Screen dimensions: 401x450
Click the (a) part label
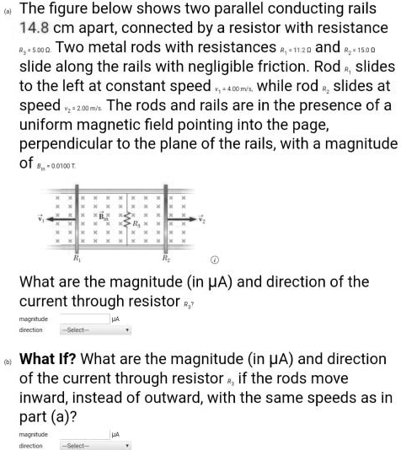tap(8, 7)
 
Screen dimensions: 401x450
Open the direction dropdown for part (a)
tap(95, 330)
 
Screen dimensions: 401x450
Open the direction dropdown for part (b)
tap(95, 445)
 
